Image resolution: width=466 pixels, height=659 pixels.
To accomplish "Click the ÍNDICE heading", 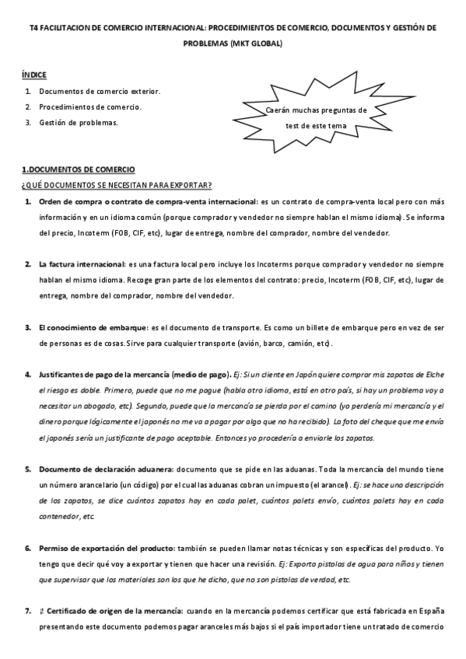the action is [34, 75].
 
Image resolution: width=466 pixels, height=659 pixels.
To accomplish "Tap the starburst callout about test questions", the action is [316, 117].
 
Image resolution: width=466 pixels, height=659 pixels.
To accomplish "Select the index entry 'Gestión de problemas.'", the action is [78, 123].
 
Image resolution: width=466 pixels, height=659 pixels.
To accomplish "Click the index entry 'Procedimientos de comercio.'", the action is [90, 106].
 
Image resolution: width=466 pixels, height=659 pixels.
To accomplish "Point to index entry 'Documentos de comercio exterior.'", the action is [100, 91].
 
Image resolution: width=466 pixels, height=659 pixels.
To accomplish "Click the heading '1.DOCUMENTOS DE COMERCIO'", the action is [78, 169].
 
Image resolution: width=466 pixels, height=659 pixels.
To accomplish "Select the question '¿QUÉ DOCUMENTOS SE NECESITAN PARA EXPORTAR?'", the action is [117, 185].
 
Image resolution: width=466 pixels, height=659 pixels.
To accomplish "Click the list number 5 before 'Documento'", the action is [27, 469].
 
